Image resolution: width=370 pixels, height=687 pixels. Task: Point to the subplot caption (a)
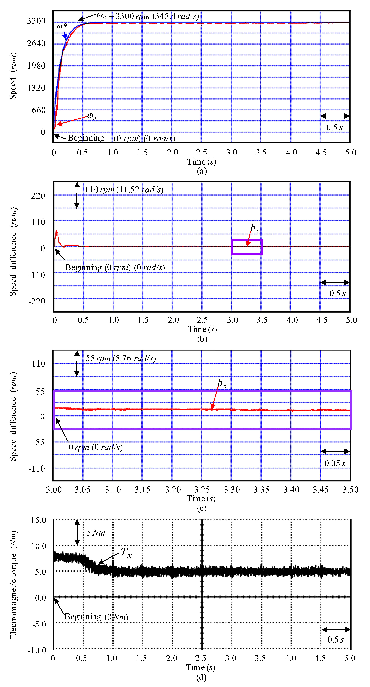[202, 171]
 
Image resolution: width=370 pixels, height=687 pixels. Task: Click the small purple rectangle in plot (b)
[247, 247]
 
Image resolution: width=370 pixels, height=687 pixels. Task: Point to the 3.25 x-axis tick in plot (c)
[202, 490]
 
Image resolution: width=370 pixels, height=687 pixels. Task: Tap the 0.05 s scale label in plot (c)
[335, 463]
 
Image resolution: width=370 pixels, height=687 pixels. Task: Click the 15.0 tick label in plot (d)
[38, 520]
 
